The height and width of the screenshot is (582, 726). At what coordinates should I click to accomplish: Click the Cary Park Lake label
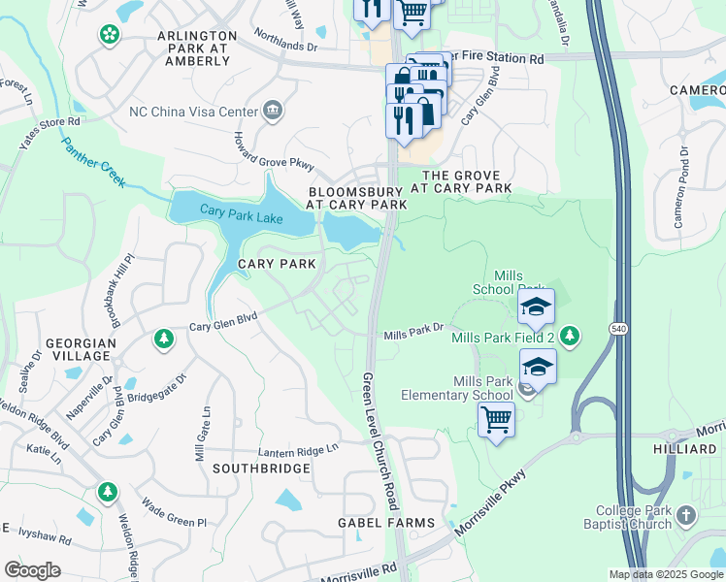coord(242,213)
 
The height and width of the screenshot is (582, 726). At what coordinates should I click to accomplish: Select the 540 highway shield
coord(617,330)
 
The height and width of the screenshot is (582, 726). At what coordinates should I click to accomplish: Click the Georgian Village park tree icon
coord(164,339)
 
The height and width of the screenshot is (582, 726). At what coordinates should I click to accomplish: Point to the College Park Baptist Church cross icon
coord(686,514)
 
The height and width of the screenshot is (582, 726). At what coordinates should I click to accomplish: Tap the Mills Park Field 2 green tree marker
coord(571,337)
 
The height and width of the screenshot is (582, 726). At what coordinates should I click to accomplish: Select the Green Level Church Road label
coord(380,440)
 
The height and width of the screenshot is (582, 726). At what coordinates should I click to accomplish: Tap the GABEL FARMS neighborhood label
coord(386,523)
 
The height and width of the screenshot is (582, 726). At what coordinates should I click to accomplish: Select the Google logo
coord(32,569)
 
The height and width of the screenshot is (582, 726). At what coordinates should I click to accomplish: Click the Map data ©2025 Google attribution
coord(666,574)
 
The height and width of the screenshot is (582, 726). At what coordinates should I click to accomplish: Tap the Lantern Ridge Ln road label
coord(298,450)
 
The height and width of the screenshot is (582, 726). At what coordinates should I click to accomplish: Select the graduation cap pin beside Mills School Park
coord(536,308)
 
